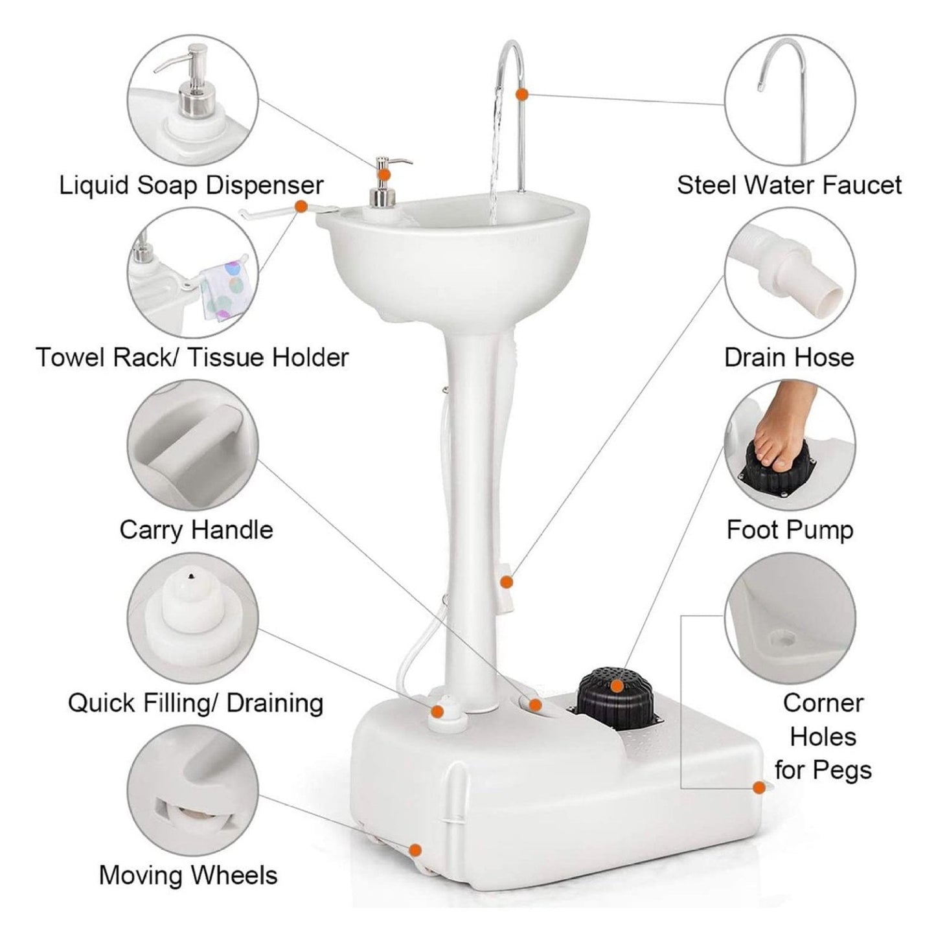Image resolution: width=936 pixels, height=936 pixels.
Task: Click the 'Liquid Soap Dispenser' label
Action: point(191,185)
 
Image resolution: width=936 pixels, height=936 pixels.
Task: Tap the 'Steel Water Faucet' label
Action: point(789,185)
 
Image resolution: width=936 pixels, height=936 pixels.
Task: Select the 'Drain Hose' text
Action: point(789,358)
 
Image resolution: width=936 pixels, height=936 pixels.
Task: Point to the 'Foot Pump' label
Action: point(789,530)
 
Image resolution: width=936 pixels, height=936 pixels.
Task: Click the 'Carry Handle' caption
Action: point(196,530)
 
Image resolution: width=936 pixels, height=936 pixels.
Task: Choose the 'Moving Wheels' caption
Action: point(188,875)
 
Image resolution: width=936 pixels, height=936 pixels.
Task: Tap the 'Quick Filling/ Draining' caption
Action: point(195,703)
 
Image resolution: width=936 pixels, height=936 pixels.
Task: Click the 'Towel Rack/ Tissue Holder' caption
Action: point(192,358)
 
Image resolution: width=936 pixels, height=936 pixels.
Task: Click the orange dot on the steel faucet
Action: point(522,94)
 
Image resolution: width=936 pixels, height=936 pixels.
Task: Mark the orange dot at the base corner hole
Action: point(758,787)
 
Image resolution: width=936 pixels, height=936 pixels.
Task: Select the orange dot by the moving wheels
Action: point(415,849)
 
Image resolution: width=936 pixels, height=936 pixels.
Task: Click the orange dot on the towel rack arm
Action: point(301,207)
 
